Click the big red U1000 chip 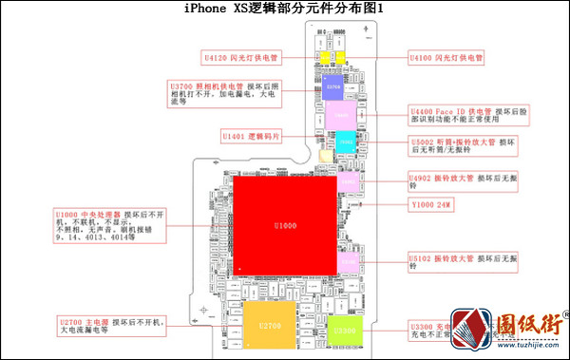[286, 224]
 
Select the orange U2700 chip [269, 327]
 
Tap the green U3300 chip [346, 331]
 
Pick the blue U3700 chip [333, 87]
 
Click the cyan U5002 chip [345, 141]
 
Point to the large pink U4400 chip [341, 116]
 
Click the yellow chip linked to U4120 [325, 58]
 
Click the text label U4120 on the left [236, 58]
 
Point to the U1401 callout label [251, 134]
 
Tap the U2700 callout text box [107, 326]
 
